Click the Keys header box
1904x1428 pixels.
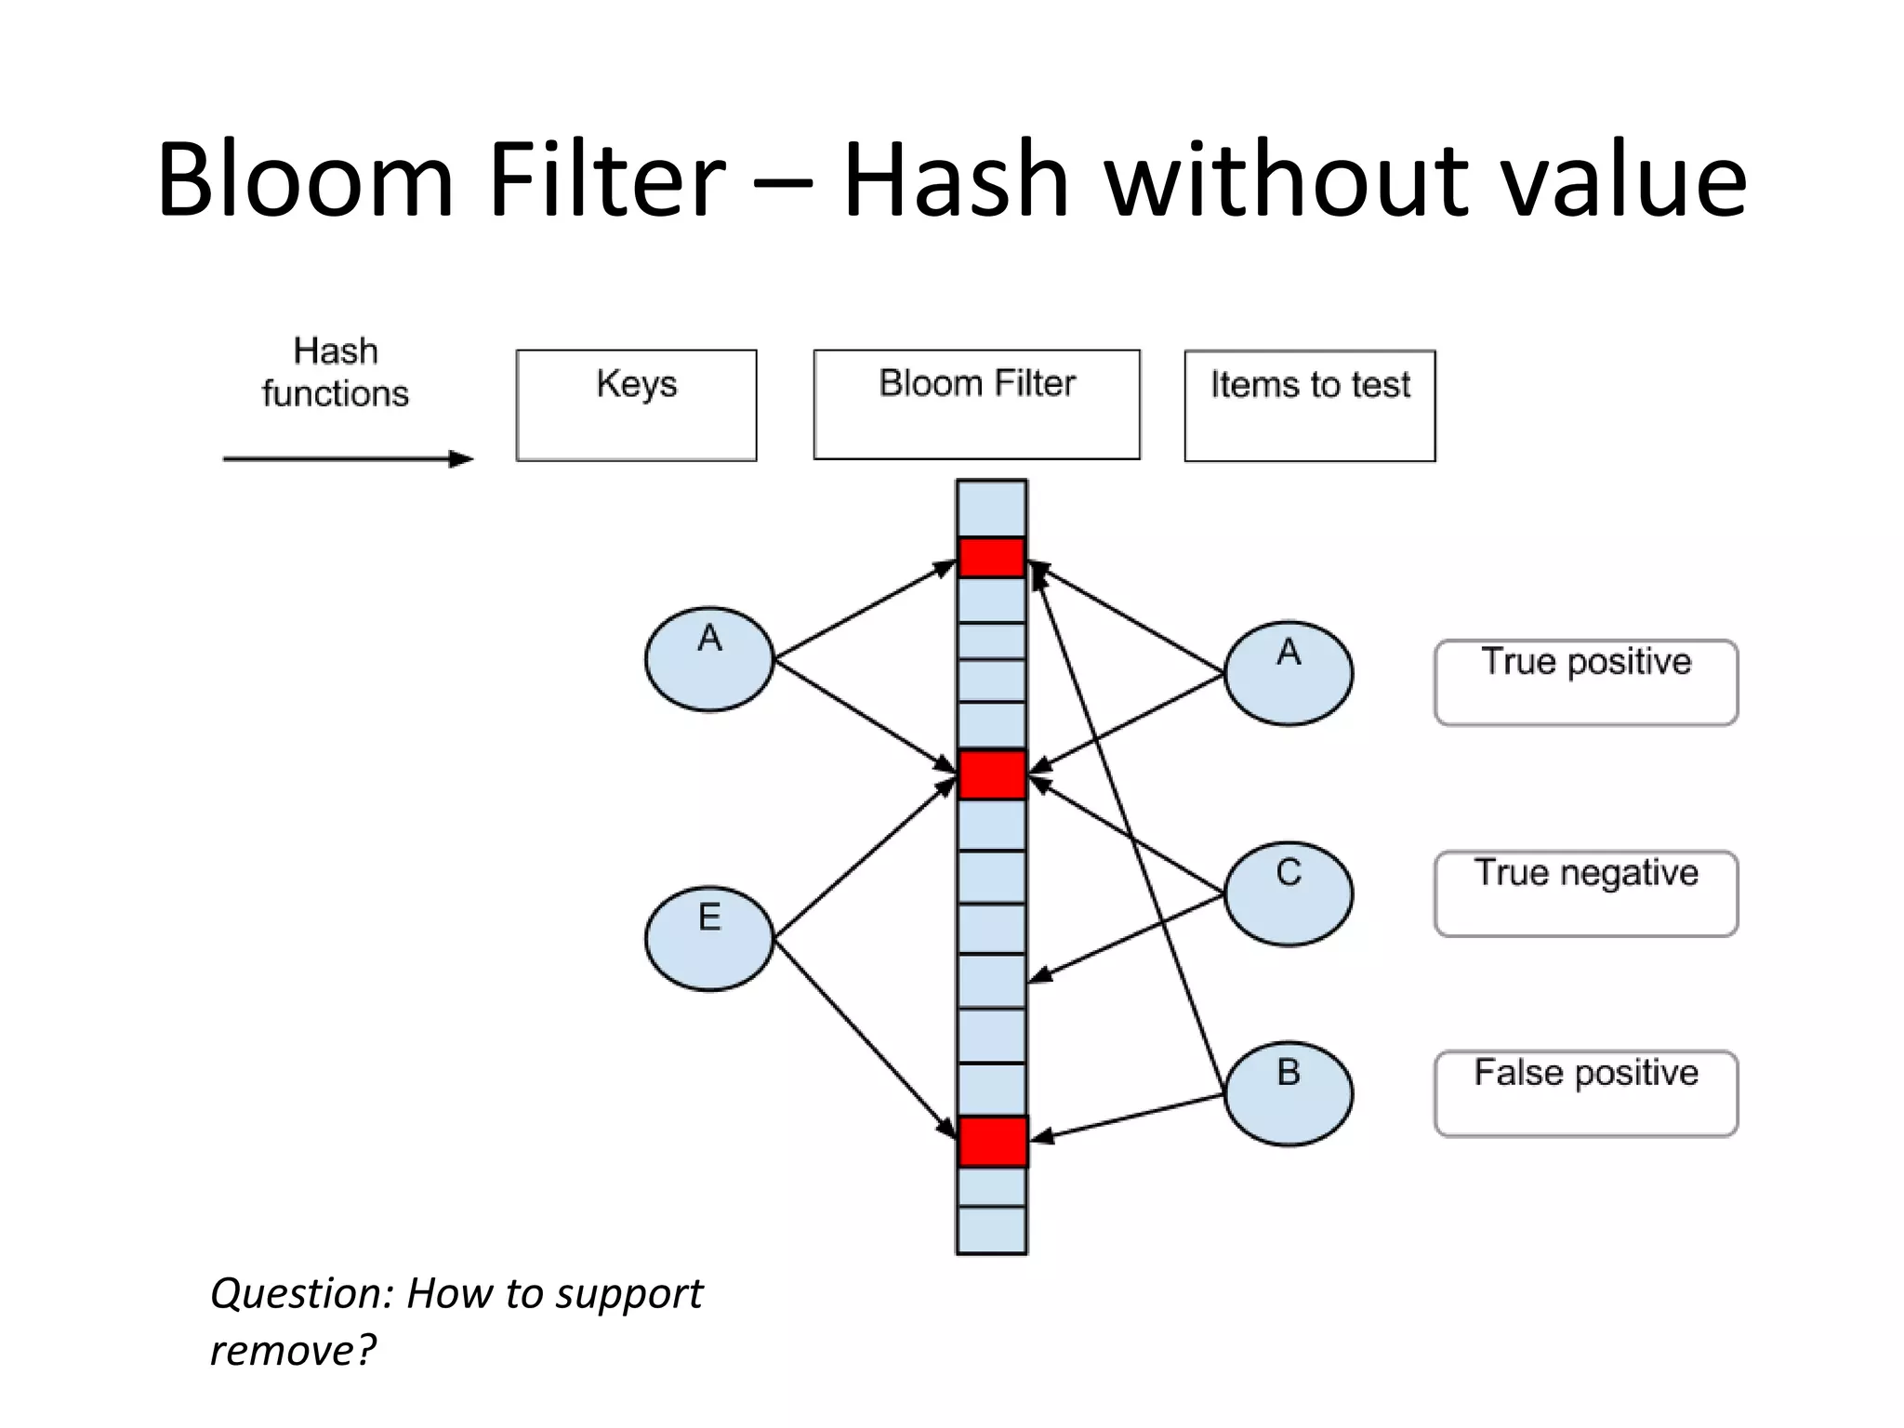point(636,404)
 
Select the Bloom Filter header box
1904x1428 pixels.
point(976,404)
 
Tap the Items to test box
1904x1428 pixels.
point(1309,405)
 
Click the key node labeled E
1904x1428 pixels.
point(709,938)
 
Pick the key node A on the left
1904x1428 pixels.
point(709,659)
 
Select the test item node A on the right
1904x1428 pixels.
point(1288,673)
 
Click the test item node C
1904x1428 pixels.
point(1288,893)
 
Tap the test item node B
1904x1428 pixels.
point(1288,1093)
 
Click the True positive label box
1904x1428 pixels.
point(1585,682)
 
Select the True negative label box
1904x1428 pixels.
point(1585,893)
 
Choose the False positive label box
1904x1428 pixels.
point(1585,1093)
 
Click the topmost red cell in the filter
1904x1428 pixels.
point(991,558)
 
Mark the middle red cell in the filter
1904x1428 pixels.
point(991,774)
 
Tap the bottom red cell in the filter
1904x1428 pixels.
point(991,1142)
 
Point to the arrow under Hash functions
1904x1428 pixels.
point(349,458)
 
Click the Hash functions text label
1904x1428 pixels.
point(336,373)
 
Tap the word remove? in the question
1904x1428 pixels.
point(293,1349)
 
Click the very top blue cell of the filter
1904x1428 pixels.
point(991,509)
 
